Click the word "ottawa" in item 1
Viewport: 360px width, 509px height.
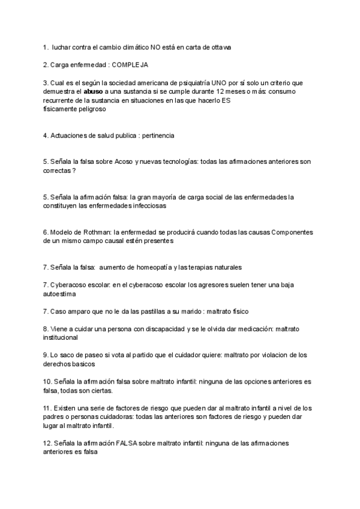click(x=220, y=47)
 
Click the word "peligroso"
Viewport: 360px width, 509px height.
click(x=89, y=110)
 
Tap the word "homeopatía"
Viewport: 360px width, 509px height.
click(x=149, y=267)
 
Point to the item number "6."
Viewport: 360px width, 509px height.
click(x=46, y=232)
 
